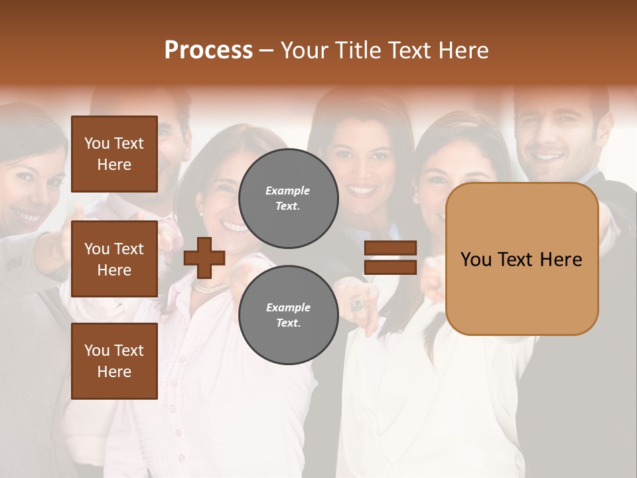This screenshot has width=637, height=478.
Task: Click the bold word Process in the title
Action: [x=208, y=50]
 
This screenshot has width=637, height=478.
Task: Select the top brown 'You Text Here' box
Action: [x=114, y=154]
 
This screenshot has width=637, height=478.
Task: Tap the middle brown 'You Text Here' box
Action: [x=114, y=259]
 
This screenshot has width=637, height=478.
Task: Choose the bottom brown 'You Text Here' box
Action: [x=114, y=361]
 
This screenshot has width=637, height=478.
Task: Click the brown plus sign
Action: [x=204, y=258]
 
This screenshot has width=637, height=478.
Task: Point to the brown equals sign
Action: [x=390, y=258]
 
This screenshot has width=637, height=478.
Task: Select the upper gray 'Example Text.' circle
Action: [x=288, y=198]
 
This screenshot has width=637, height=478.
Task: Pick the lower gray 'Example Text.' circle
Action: [x=288, y=315]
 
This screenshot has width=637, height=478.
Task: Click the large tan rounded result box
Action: [x=522, y=259]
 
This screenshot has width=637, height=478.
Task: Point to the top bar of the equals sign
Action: [x=390, y=248]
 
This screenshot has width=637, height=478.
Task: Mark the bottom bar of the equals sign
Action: [x=390, y=267]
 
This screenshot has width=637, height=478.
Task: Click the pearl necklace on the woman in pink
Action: [x=211, y=287]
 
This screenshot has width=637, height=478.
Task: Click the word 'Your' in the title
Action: [x=303, y=50]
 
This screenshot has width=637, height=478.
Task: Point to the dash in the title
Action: [x=266, y=50]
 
